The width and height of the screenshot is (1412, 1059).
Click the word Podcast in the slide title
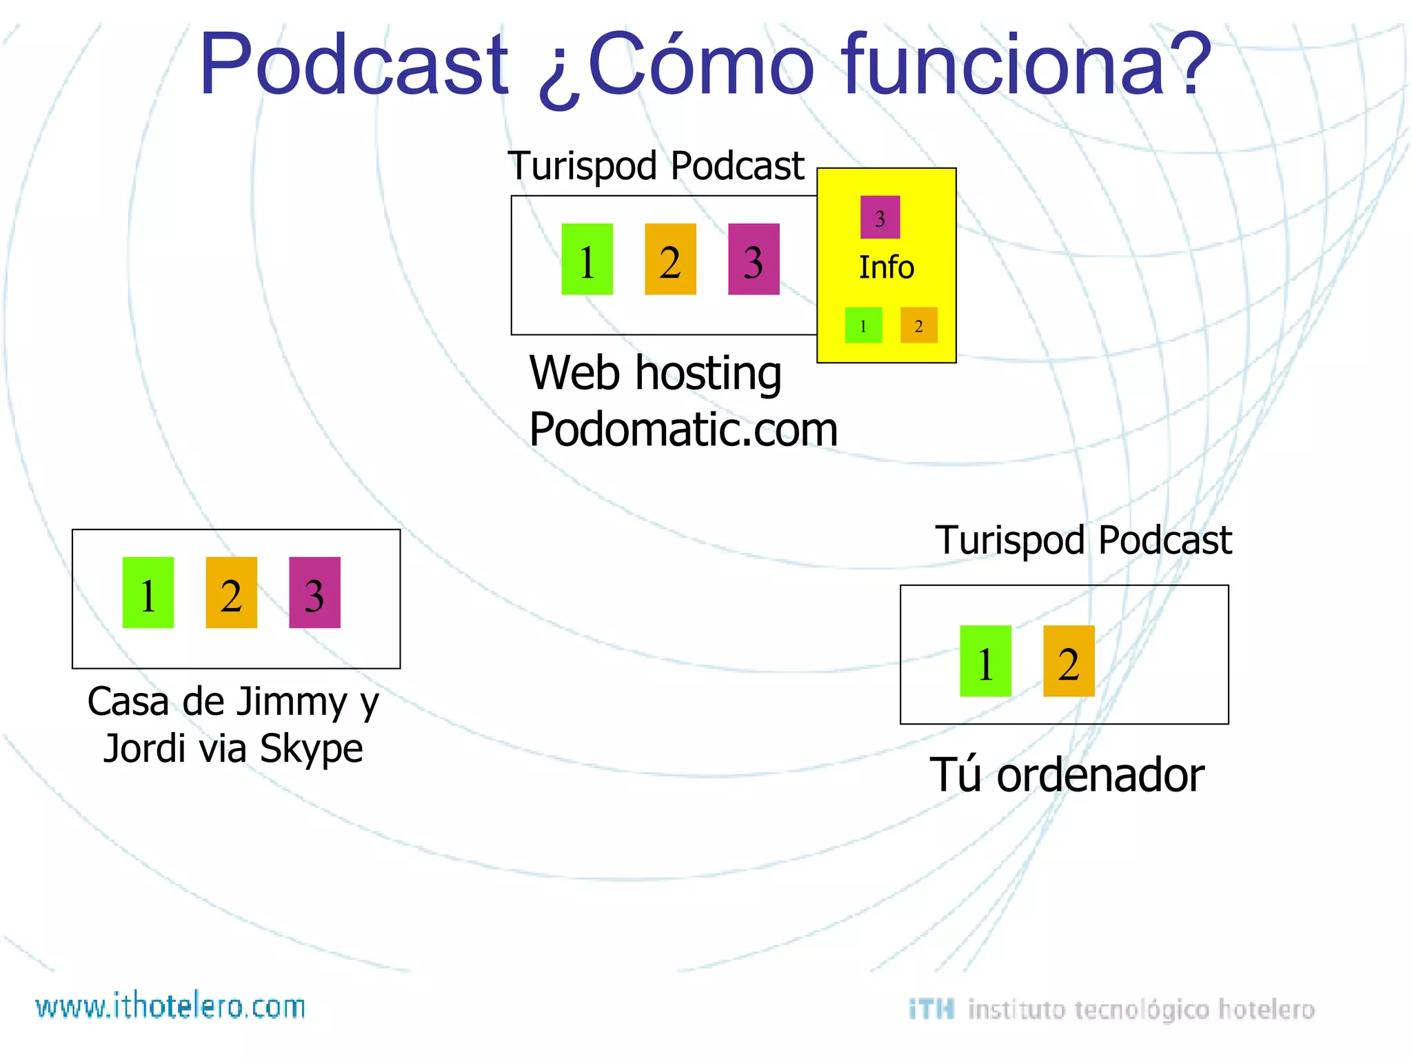coord(353,65)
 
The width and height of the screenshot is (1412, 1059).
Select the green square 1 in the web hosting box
coord(587,259)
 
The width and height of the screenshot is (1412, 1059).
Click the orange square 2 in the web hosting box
coord(670,259)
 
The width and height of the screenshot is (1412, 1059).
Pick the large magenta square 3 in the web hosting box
coord(754,259)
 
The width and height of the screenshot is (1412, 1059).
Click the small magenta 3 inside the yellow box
coord(880,217)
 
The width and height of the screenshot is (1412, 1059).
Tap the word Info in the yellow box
coord(886,268)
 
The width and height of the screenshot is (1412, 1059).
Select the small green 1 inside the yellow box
coord(863,325)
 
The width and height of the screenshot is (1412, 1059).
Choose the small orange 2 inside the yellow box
coord(918,325)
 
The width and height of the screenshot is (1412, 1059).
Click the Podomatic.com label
coord(683,430)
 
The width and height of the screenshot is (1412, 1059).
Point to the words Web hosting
coord(655,374)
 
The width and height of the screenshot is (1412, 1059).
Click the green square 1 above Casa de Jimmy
coord(148,593)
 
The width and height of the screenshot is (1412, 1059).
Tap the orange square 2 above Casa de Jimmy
coord(231,593)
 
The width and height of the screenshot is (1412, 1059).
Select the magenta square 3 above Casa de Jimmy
coord(314,593)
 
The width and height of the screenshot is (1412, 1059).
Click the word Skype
coord(312,749)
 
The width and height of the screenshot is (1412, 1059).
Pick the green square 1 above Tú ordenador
coord(985,661)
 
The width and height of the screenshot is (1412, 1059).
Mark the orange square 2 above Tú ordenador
coord(1069,661)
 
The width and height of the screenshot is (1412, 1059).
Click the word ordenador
coord(1100,775)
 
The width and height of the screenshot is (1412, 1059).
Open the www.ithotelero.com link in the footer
coord(170,1007)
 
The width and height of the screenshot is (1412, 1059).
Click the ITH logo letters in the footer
coord(931,1009)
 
